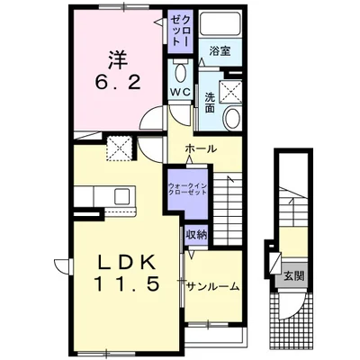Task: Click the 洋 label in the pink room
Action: tap(117, 60)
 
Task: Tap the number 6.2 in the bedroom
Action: tap(118, 82)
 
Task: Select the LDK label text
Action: tap(127, 264)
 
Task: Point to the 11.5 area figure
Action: tap(127, 283)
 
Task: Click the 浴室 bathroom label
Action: tap(220, 51)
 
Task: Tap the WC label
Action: tap(180, 92)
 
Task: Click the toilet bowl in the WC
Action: tap(180, 72)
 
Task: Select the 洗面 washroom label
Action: tap(210, 103)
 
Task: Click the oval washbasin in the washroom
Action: tap(232, 118)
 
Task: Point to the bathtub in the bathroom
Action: tap(220, 23)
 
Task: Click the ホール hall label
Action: tap(201, 148)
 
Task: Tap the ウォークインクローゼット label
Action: tap(187, 189)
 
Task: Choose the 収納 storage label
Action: tap(196, 235)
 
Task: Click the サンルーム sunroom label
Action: tap(212, 287)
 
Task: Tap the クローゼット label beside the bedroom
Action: tap(180, 31)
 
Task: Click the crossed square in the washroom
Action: tap(231, 92)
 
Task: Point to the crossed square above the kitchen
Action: tap(120, 148)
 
